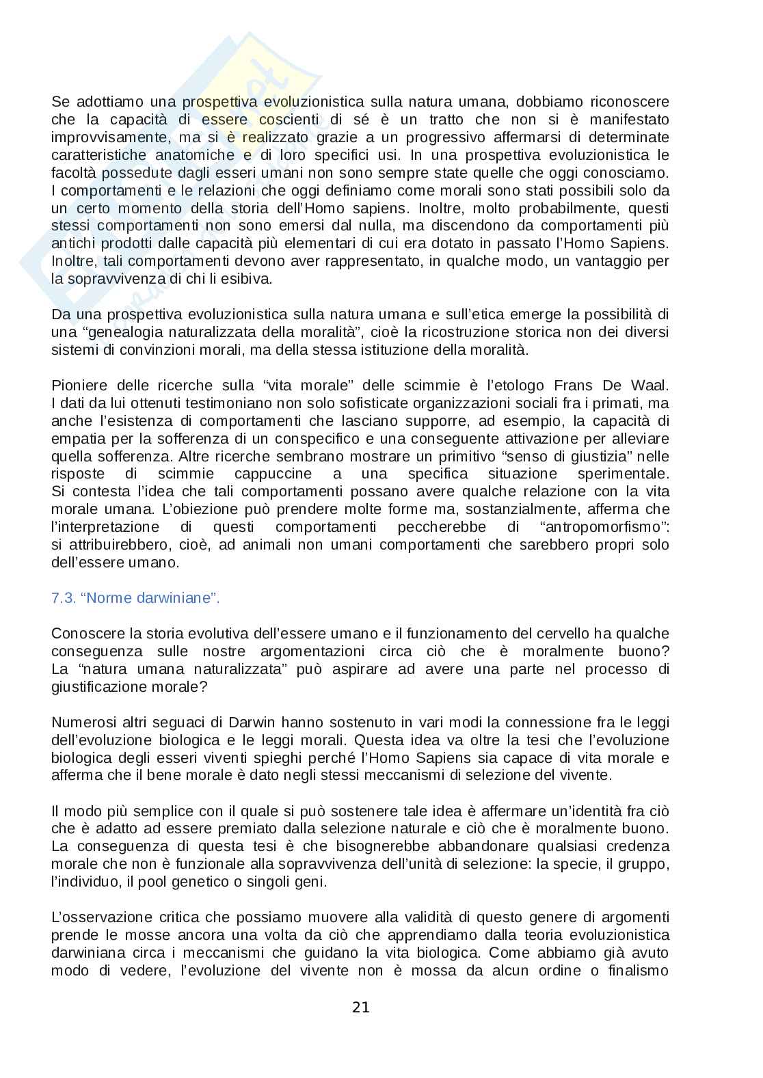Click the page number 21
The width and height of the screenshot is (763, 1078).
(x=361, y=1006)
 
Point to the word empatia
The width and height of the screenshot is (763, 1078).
(x=75, y=438)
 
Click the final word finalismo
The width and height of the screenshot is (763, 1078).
(x=638, y=971)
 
